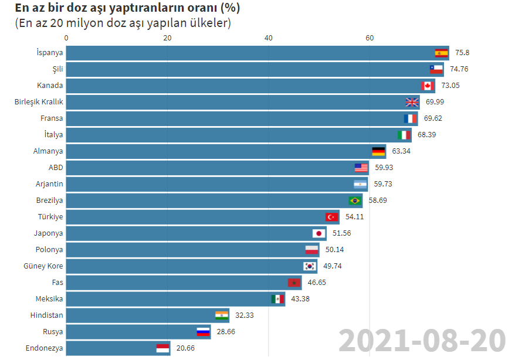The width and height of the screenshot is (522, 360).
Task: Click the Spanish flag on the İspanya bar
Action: point(441,53)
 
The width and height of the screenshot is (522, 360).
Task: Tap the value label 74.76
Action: point(459,69)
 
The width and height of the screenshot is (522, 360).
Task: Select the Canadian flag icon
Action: point(428,86)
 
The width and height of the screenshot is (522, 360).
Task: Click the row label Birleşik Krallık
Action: point(39,102)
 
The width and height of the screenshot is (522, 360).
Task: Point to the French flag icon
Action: point(411,118)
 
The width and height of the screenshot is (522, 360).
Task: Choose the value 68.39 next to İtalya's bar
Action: point(427,135)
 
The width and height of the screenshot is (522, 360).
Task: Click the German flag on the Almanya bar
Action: point(379,151)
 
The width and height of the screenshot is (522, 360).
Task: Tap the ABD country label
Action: point(56,168)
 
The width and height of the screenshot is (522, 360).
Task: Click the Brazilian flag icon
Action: point(355,201)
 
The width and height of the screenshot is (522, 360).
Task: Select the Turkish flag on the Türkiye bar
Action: point(332,217)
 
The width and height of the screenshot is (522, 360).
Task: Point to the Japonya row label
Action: point(49,233)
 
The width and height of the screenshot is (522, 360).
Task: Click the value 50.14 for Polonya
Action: point(334,250)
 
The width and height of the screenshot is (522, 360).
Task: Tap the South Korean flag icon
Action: point(310,266)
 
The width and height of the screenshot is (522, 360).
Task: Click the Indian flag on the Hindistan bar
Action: point(222,315)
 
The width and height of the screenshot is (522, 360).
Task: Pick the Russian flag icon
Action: point(203,332)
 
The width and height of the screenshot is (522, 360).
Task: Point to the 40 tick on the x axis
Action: point(269,39)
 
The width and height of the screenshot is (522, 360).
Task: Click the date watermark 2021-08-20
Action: point(422,341)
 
